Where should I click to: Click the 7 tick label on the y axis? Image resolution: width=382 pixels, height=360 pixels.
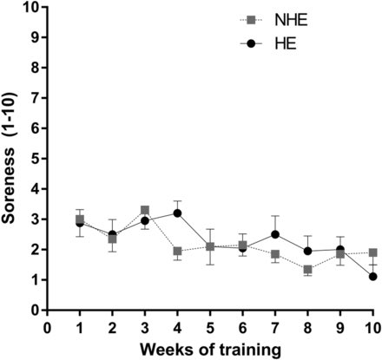click(36, 98)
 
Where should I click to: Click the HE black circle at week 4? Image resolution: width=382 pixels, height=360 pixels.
click(177, 213)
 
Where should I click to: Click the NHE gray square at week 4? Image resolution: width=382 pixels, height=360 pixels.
click(177, 252)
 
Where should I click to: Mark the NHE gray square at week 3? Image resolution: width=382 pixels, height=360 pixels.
click(145, 210)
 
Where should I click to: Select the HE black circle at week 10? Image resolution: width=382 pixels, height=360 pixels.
click(372, 277)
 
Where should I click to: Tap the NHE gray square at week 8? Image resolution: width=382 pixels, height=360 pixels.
click(307, 270)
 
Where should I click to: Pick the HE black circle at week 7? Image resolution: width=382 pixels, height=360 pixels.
click(275, 234)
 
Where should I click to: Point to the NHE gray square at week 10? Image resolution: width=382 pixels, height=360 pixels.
click(372, 253)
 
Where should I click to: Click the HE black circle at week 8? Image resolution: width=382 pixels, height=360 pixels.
click(307, 251)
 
